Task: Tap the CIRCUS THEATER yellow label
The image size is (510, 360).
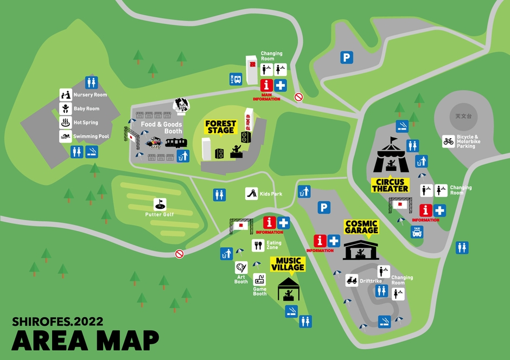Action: coord(390,185)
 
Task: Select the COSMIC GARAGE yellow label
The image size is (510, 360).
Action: coord(361,227)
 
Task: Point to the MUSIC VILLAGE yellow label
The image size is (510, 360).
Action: coord(288,264)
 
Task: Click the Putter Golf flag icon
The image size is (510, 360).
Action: coord(160,204)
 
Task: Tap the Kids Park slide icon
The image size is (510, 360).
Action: coord(252,194)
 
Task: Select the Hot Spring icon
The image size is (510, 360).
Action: coord(66,123)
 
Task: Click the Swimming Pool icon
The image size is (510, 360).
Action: coord(66,137)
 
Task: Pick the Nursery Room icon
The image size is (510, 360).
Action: coord(66,95)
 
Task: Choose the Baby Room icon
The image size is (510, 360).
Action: coord(66,108)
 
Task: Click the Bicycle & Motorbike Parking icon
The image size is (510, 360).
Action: coord(448,142)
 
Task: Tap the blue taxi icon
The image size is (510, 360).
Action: coord(417,232)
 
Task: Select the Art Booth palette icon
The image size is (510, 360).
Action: coord(241,267)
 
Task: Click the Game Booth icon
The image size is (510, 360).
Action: coord(259,280)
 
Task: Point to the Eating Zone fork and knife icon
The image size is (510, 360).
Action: coord(258,246)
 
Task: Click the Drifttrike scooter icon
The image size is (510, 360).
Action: coord(352,280)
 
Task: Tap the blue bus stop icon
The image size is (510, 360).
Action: coord(235,79)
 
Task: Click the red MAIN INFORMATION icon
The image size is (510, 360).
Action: coord(266,86)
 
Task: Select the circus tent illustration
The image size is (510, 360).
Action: coord(391,155)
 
